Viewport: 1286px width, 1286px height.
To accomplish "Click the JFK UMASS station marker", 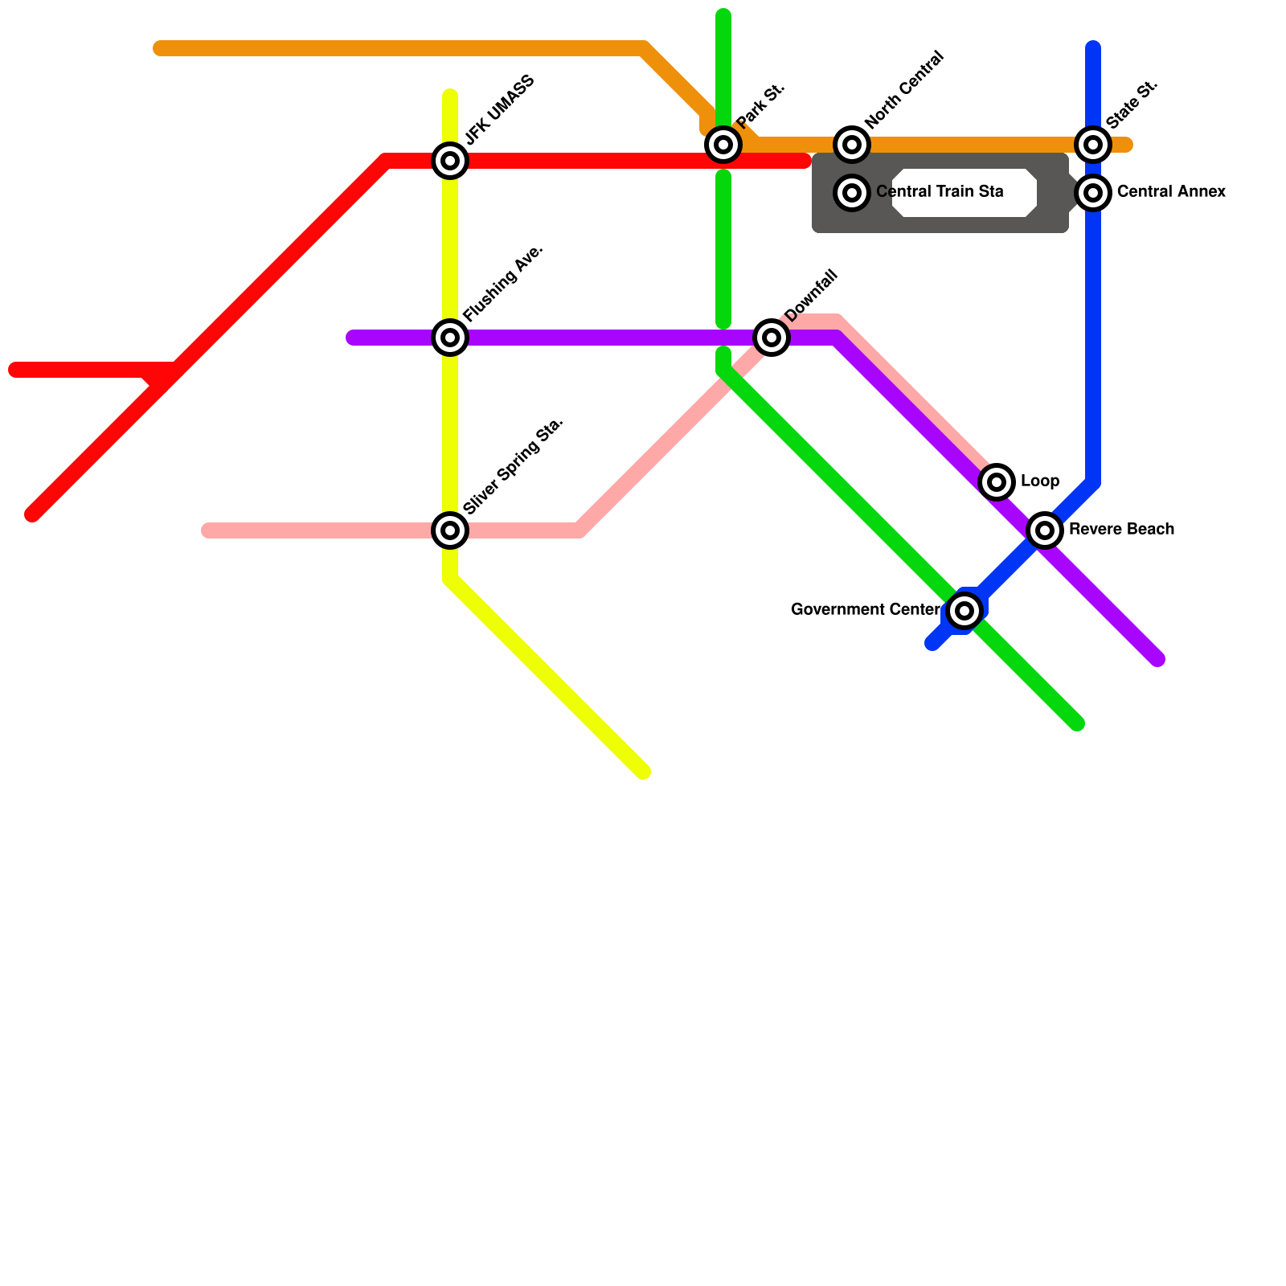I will click(450, 161).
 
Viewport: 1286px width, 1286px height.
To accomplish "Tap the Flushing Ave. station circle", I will click(450, 338).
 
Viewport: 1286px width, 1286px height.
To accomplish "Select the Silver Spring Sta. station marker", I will click(450, 530).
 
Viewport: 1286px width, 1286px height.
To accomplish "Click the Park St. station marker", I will click(723, 145).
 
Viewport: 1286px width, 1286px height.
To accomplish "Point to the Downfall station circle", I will click(772, 338).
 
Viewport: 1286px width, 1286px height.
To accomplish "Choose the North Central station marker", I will click(852, 145).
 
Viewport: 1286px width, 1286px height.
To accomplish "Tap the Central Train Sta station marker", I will click(852, 193).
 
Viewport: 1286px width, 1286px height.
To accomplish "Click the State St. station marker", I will click(1093, 145).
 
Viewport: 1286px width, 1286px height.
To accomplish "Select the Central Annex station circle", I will click(1093, 193).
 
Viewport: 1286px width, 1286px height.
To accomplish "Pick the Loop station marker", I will click(997, 482).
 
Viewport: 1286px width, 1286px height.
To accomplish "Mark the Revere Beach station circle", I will click(1045, 530).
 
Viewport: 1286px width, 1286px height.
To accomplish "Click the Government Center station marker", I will click(964, 611).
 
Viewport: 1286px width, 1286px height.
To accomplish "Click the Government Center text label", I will click(865, 610).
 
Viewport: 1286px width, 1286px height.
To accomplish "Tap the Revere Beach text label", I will click(1121, 530).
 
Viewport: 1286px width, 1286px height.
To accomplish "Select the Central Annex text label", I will click(1171, 192).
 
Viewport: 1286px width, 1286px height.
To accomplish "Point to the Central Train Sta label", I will click(940, 192).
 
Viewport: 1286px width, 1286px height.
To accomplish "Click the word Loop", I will click(1040, 481).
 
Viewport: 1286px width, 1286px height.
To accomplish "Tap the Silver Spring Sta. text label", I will click(514, 466).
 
